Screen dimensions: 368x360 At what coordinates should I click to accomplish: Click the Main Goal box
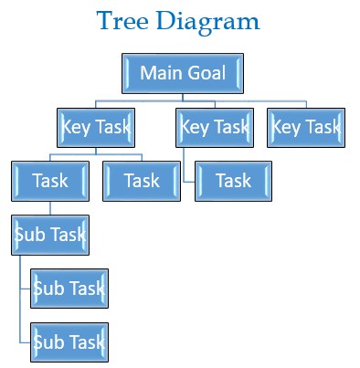coord(183,73)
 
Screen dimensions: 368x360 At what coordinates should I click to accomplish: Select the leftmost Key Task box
coord(96,127)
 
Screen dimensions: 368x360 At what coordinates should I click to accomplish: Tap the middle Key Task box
coord(214,127)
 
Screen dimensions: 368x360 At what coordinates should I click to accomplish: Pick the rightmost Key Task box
coord(306,127)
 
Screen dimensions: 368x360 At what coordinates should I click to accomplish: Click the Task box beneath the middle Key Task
coord(233,181)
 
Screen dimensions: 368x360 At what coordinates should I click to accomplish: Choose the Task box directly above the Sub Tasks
coord(50,181)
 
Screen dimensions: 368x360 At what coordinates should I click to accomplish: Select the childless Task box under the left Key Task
coord(142,181)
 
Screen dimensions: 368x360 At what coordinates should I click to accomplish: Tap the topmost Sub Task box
coord(50,235)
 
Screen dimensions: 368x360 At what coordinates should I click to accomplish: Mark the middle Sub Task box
coord(69,289)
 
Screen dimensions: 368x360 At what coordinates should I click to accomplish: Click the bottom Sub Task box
coord(69,342)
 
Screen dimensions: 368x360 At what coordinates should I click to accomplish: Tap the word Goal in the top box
coord(206,73)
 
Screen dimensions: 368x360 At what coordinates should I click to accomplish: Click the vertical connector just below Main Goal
coord(183,98)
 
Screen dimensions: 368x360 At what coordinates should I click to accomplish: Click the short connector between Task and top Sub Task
coord(50,208)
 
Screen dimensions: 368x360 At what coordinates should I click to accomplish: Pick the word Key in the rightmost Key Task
coord(287,127)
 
